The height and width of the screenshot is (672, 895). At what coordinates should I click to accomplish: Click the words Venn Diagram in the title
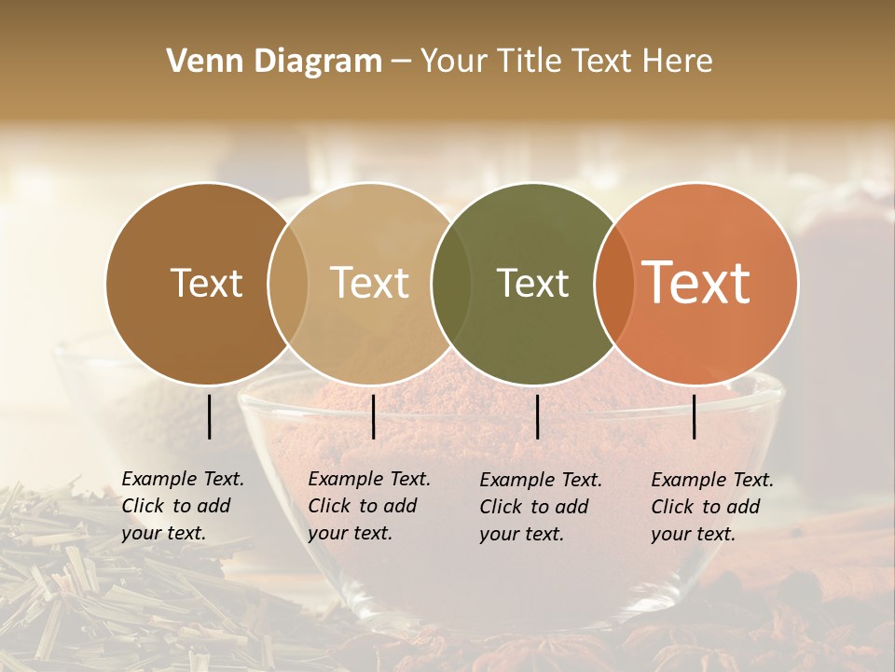(274, 62)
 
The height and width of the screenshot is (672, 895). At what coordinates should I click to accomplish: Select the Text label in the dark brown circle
(206, 283)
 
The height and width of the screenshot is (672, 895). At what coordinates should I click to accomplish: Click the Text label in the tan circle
(369, 283)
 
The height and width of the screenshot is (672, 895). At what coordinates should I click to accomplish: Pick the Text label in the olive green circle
(532, 283)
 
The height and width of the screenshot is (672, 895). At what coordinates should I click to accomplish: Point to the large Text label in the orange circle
(696, 283)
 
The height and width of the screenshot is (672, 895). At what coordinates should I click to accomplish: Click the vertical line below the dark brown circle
(209, 416)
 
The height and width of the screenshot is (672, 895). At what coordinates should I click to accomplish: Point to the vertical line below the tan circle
(373, 416)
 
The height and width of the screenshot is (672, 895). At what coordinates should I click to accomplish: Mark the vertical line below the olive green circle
(537, 416)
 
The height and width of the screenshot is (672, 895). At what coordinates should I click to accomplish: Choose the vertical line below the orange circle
(695, 416)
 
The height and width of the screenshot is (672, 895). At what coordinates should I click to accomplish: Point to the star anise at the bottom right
(764, 644)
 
